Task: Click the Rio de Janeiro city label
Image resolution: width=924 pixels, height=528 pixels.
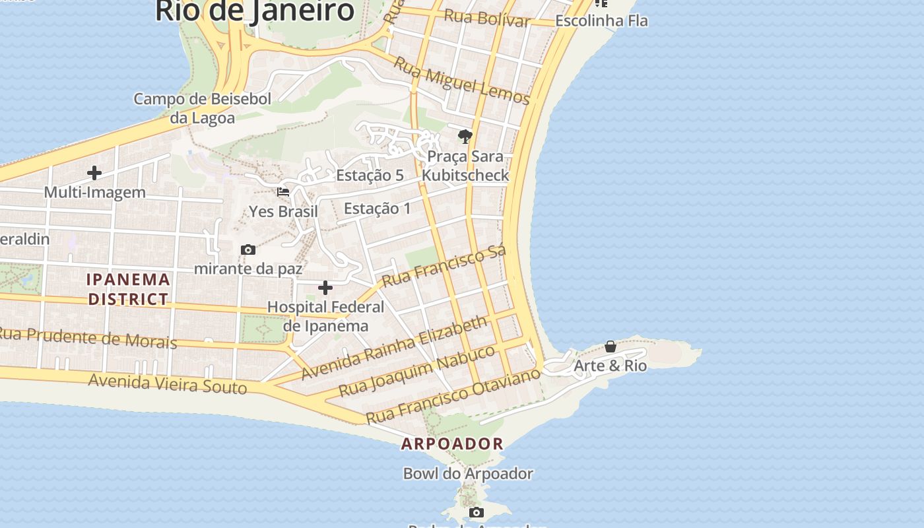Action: (255, 11)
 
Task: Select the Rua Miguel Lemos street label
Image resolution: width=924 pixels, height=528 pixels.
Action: (462, 81)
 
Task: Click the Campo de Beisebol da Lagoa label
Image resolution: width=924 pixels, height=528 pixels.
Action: (203, 108)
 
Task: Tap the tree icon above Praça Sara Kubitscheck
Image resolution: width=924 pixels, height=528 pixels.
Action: (465, 137)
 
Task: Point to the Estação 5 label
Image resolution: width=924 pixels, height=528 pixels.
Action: (370, 175)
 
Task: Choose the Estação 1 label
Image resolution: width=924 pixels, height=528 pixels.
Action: (377, 209)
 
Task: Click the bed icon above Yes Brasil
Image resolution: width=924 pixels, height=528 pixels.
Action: (283, 192)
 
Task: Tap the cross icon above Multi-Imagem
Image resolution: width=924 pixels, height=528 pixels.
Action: (94, 173)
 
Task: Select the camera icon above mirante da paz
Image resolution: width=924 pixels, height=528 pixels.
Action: (248, 249)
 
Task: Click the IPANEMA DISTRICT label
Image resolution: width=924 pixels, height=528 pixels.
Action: (129, 289)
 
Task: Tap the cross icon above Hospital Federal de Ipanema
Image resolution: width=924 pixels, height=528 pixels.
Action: (325, 288)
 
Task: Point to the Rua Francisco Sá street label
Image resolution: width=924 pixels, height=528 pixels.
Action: (444, 265)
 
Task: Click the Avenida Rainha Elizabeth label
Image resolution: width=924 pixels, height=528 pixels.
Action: (394, 348)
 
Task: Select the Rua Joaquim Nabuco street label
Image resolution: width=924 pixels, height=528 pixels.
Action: (416, 370)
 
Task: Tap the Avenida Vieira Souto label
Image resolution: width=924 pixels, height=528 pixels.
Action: (168, 383)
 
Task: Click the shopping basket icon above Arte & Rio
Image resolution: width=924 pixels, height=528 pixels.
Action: (610, 346)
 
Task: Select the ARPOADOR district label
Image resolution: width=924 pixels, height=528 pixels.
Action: (452, 444)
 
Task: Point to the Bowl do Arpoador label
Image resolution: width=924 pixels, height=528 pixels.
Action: (468, 473)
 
